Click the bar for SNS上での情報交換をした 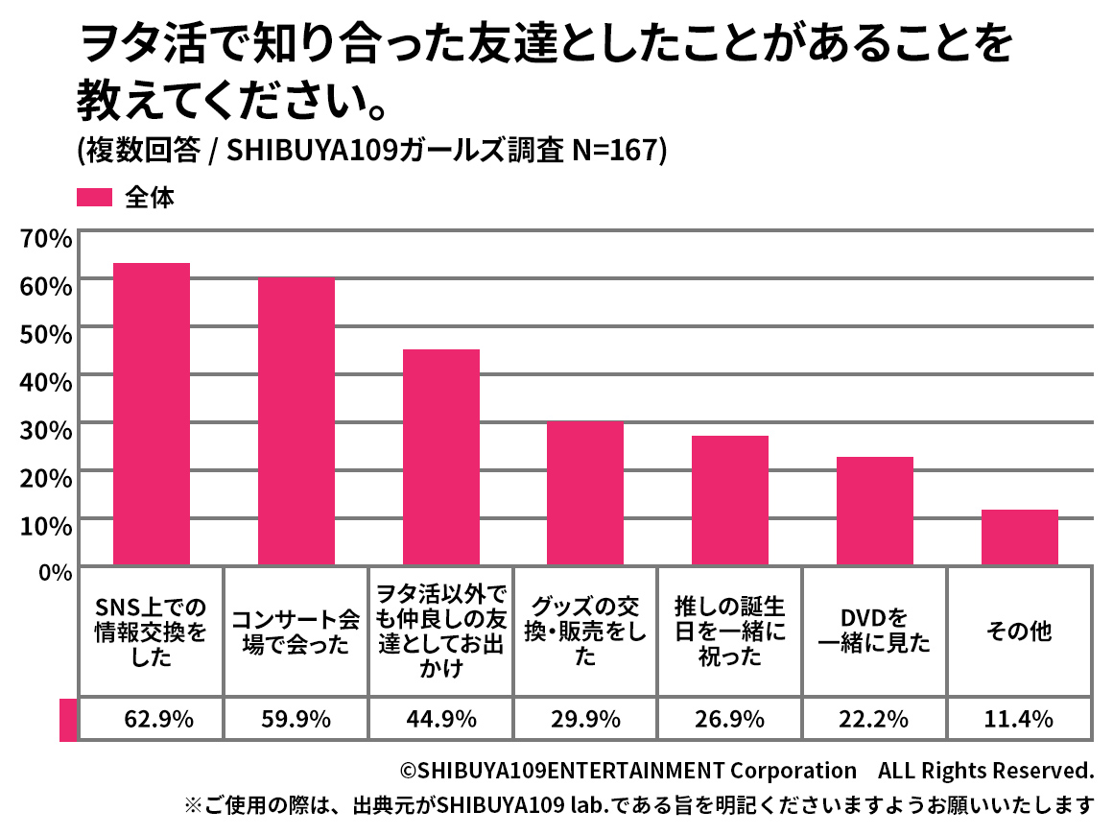[x=152, y=414]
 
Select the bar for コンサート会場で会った [x=296, y=421]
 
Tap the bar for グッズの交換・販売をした [x=585, y=493]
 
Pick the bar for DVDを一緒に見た [x=874, y=511]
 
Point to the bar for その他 [x=1019, y=537]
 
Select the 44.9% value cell [x=441, y=719]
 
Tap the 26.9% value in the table [x=730, y=719]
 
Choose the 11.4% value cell [x=1019, y=719]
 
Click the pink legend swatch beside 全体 [x=95, y=198]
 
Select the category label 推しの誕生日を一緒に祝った [x=730, y=631]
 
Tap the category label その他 [x=1019, y=631]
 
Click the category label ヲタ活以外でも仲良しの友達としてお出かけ [x=441, y=631]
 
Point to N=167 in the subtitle [x=611, y=152]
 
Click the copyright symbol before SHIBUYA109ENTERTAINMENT [x=407, y=771]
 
